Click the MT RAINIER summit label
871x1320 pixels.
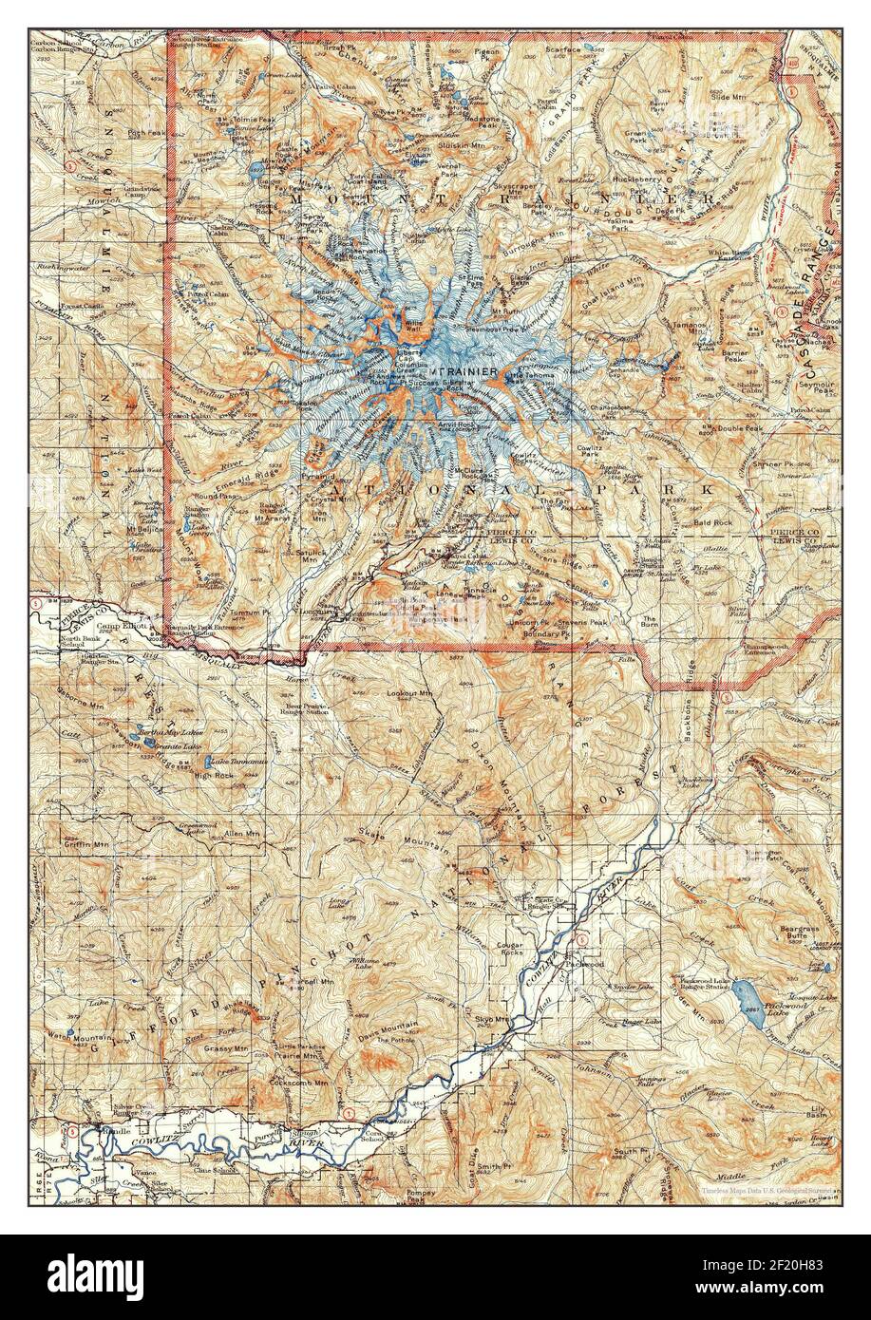pyautogui.click(x=466, y=369)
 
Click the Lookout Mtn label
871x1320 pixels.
pyautogui.click(x=409, y=694)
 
